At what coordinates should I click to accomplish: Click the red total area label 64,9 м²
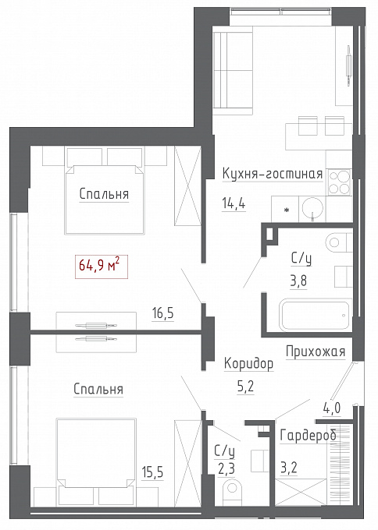point(102,267)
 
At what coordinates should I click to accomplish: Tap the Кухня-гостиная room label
point(273,174)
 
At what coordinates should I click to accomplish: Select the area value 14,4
point(234,203)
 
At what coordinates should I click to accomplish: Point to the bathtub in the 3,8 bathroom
point(316,315)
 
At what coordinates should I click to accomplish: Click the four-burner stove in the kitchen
point(339,182)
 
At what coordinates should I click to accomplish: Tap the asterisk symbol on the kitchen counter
point(287,210)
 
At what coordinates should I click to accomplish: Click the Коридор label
point(248,364)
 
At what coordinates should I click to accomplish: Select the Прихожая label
point(316,352)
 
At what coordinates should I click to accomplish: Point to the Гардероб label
point(308,435)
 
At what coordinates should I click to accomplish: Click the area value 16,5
point(162,313)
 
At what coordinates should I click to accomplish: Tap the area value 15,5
point(152,472)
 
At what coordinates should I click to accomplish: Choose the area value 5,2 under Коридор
point(245,387)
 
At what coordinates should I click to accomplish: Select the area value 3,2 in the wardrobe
point(289,468)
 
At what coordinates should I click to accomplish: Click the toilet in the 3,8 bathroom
point(339,242)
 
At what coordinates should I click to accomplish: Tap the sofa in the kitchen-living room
point(233,70)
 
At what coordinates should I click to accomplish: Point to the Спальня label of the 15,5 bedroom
point(98,389)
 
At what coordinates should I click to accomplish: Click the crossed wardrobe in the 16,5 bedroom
point(187,186)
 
